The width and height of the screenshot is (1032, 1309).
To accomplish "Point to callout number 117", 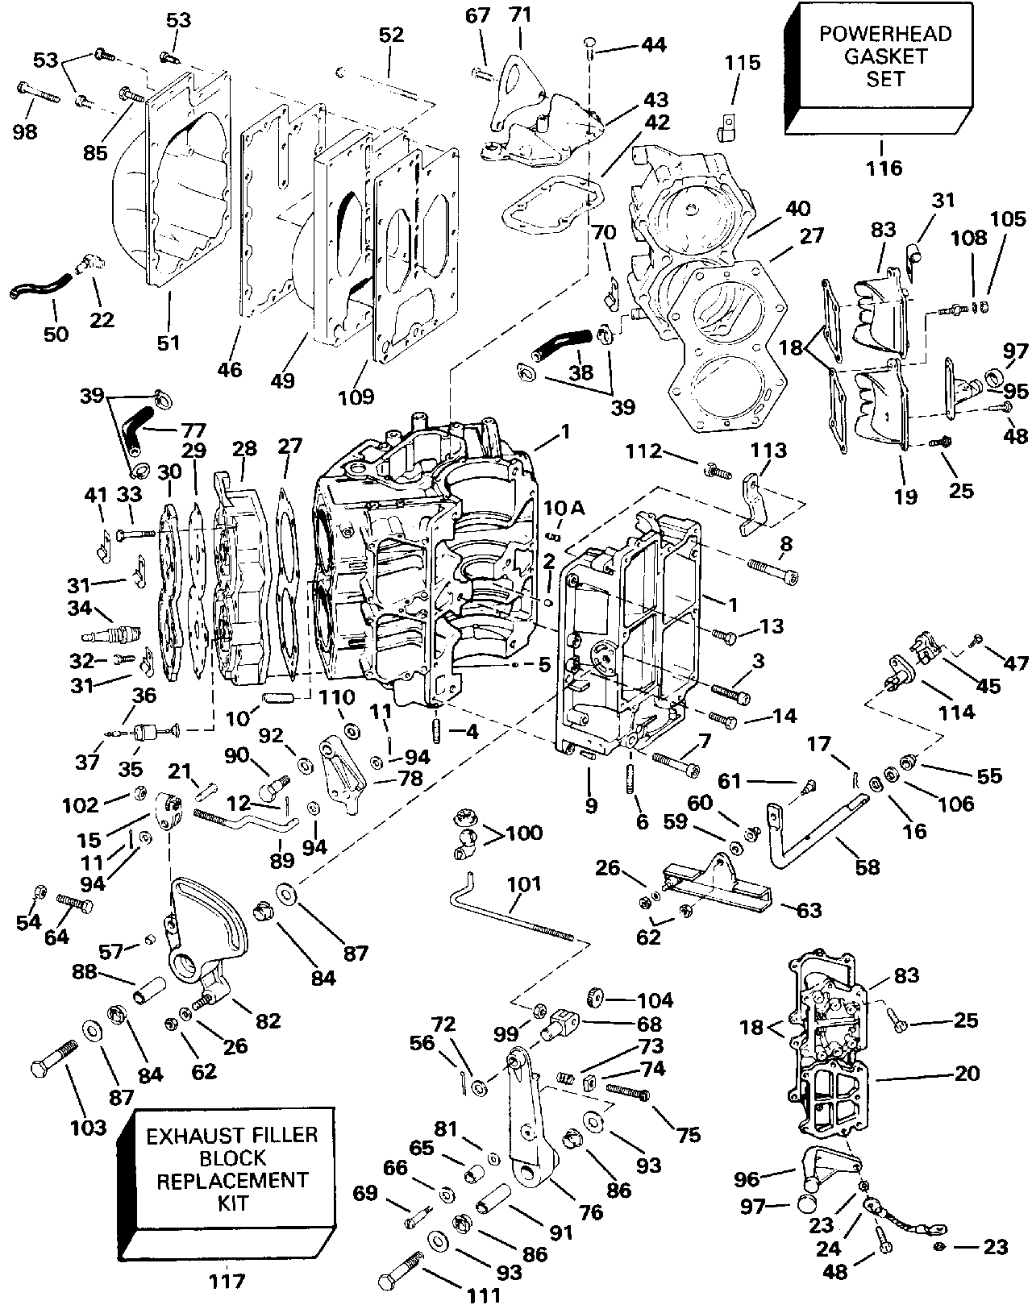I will (x=226, y=1279).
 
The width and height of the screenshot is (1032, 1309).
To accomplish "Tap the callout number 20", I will (x=967, y=1073).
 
